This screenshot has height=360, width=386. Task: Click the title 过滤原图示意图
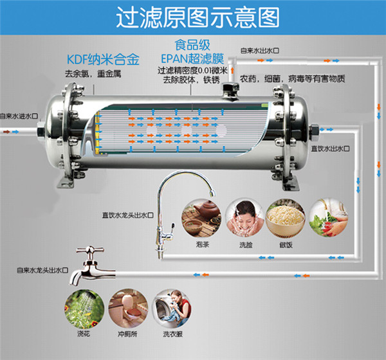click(198, 17)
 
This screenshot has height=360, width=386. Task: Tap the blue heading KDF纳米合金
click(103, 60)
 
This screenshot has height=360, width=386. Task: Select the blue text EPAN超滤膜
click(192, 59)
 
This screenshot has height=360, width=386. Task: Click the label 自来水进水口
click(19, 116)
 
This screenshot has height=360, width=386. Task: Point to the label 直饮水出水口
click(330, 148)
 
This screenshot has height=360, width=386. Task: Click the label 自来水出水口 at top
click(260, 50)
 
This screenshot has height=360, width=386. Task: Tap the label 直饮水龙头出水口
click(128, 215)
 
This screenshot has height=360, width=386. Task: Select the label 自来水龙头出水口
click(42, 270)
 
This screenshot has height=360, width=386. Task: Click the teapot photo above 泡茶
click(201, 219)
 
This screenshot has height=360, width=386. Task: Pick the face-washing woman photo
click(244, 219)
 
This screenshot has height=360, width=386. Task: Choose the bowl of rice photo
click(286, 219)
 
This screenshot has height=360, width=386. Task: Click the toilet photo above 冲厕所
click(128, 309)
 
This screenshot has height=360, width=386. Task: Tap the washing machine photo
click(172, 309)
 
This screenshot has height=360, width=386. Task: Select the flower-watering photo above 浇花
click(84, 309)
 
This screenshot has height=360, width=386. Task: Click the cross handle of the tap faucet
click(90, 251)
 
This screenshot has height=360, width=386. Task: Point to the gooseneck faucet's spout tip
click(212, 194)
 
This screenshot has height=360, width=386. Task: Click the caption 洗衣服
click(173, 334)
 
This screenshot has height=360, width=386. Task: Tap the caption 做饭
click(286, 245)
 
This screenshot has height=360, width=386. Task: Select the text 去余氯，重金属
click(93, 73)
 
